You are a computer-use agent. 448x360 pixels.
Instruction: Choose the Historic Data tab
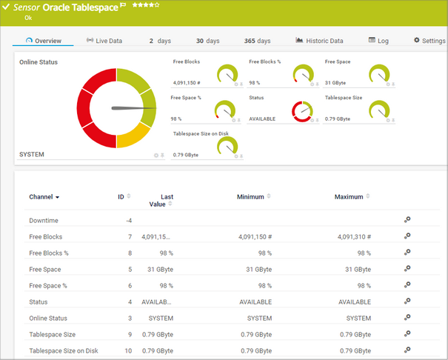(319, 41)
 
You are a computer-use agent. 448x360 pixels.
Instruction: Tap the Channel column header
(44, 197)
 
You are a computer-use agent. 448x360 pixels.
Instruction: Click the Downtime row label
(43, 221)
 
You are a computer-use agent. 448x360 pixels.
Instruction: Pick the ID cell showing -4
(127, 221)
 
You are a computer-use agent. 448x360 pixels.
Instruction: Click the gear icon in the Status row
(407, 302)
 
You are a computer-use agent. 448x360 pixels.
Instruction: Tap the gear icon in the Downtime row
(407, 220)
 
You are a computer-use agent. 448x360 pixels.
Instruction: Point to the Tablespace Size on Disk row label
(63, 351)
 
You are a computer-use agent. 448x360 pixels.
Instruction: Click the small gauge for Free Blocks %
(303, 75)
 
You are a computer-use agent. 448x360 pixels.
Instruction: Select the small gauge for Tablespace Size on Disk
(227, 147)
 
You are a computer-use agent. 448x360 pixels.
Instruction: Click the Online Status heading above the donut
(39, 62)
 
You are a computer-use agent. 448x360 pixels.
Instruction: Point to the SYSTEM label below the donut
(32, 154)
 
